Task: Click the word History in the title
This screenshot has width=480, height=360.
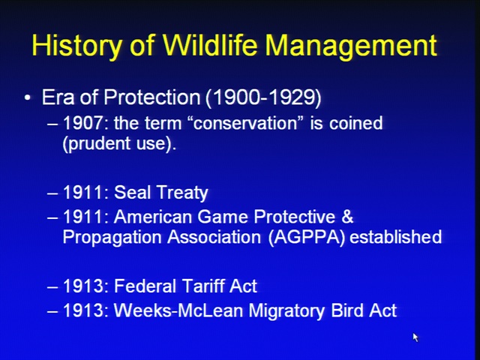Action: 76,46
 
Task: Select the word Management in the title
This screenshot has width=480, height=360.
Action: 351,46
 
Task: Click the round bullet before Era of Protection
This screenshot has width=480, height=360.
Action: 28,97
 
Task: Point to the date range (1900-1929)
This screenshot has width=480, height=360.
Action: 263,98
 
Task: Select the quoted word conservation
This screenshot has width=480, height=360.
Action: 246,123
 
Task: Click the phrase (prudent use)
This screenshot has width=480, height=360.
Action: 119,144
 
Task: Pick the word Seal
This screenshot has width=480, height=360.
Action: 131,193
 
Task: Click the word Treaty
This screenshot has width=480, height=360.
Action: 182,193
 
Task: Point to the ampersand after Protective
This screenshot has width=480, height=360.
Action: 347,216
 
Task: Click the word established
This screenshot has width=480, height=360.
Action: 395,237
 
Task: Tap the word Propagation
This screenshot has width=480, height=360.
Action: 112,238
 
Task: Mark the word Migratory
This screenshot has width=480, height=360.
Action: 287,311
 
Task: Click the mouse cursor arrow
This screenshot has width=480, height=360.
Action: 415,337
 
